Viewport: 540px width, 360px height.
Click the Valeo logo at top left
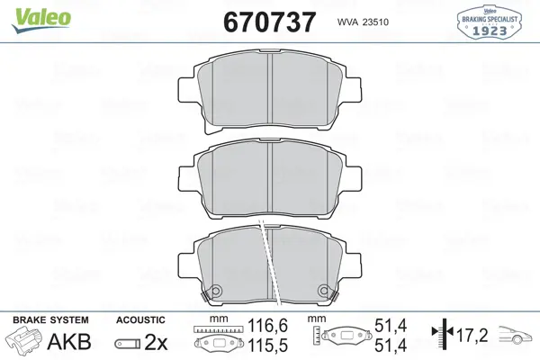tap(41, 20)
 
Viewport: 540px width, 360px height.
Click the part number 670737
tap(270, 22)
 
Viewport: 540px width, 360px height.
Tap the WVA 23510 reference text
tap(363, 22)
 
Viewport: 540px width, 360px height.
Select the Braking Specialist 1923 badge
tap(489, 22)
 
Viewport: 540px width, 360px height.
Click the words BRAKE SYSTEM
tap(50, 320)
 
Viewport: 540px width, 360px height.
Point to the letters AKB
tap(69, 341)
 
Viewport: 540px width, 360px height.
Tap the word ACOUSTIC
tap(140, 320)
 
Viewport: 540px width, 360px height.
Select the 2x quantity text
tap(156, 342)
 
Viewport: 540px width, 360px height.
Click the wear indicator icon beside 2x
tap(128, 344)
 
